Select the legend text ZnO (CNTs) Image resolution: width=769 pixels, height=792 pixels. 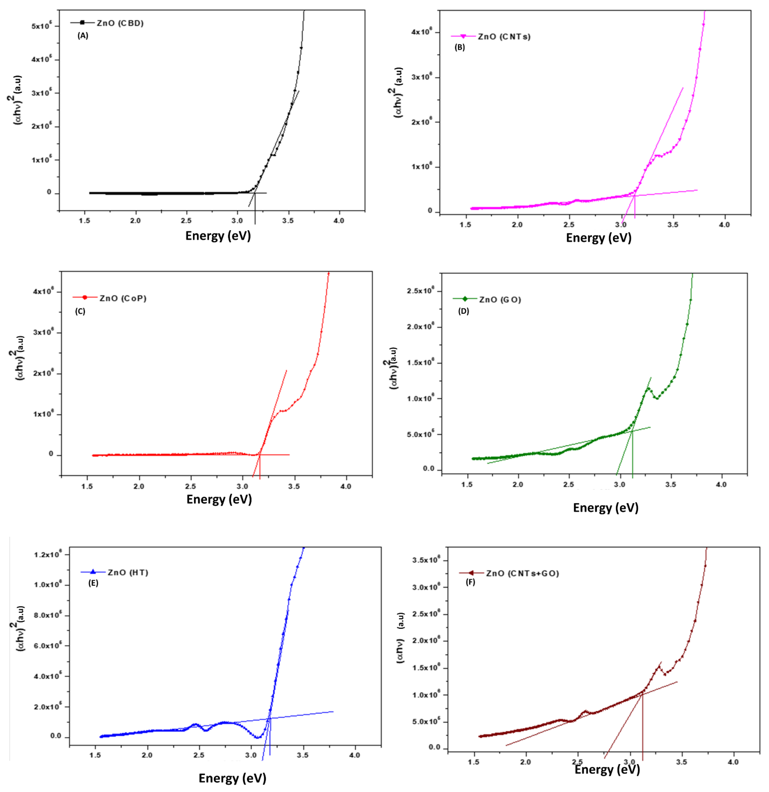tap(504, 37)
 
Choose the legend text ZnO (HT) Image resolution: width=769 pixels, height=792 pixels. tap(128, 573)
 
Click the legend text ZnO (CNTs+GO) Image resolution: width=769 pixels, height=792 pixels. tap(522, 573)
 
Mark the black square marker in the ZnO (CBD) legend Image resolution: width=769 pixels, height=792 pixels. tap(82, 23)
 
